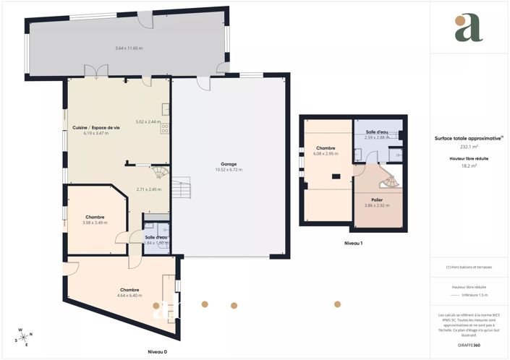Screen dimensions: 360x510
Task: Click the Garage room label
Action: pyautogui.click(x=229, y=164)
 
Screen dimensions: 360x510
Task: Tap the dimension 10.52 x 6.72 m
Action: pyautogui.click(x=229, y=170)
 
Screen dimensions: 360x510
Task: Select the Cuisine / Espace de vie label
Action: pyautogui.click(x=95, y=128)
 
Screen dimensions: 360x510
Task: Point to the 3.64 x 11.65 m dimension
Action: pyautogui.click(x=129, y=48)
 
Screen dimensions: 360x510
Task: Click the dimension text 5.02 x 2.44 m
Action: pyautogui.click(x=148, y=121)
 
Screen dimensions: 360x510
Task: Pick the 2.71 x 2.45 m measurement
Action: pyautogui.click(x=148, y=189)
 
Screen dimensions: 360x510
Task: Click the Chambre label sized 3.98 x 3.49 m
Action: pyautogui.click(x=95, y=217)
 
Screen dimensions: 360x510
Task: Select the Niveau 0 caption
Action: pyautogui.click(x=157, y=351)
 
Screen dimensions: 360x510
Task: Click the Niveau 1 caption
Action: pyautogui.click(x=353, y=243)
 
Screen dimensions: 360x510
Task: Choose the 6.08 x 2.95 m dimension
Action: pyautogui.click(x=326, y=153)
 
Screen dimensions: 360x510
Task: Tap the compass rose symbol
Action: pyautogui.click(x=24, y=337)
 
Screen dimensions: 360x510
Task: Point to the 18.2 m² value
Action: pyautogui.click(x=469, y=166)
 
